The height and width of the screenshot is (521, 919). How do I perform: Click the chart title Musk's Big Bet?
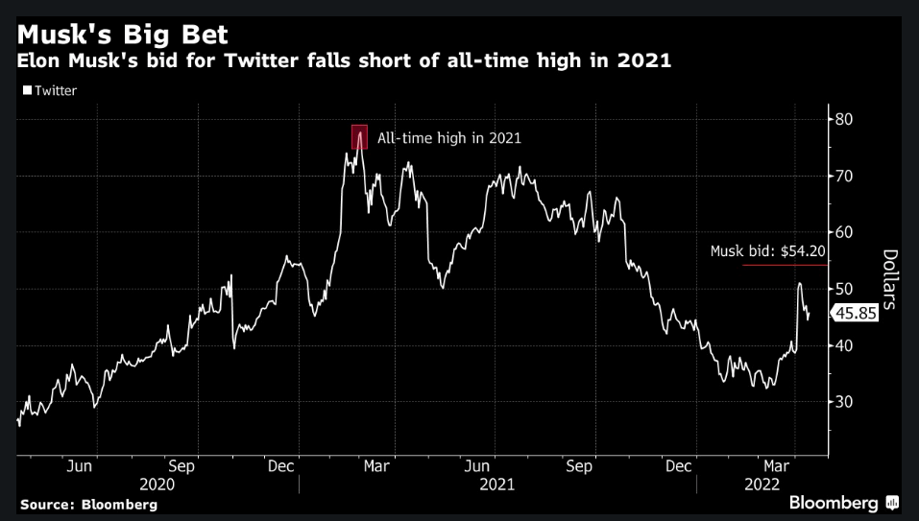coord(124,36)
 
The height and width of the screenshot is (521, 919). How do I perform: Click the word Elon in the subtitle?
coord(40,62)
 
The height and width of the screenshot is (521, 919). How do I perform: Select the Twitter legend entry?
coord(49,91)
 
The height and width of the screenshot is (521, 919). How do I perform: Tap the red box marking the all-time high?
coord(360,137)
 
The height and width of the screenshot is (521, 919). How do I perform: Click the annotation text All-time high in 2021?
coord(449,138)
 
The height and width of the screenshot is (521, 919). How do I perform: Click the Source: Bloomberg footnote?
coord(88,504)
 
